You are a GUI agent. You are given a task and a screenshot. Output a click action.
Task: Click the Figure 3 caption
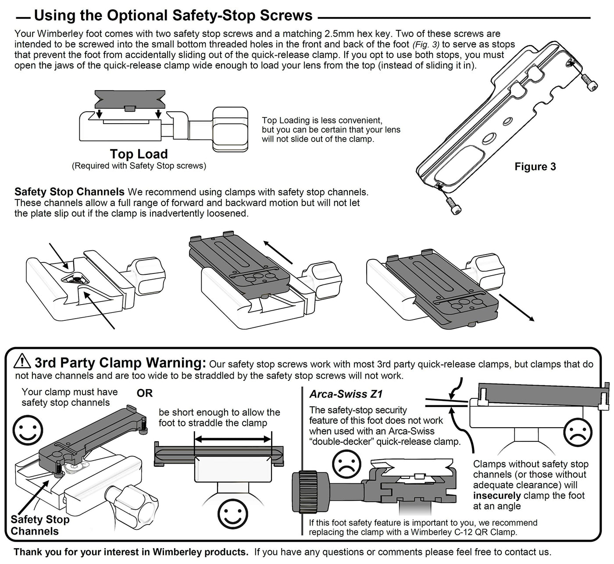click(535, 167)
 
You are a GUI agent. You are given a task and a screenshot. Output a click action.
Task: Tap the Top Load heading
click(139, 154)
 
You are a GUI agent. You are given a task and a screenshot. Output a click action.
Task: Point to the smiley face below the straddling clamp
click(233, 514)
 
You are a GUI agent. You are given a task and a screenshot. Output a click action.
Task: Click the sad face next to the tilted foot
click(578, 432)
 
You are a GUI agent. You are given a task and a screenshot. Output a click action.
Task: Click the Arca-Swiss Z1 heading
click(346, 394)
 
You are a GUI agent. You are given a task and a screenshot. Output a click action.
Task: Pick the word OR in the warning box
click(145, 393)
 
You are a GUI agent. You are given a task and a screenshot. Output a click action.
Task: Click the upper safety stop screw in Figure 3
click(590, 82)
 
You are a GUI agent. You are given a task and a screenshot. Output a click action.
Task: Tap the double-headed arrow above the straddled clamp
click(233, 439)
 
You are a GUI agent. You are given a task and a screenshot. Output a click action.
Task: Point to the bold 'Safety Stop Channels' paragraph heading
click(69, 192)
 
